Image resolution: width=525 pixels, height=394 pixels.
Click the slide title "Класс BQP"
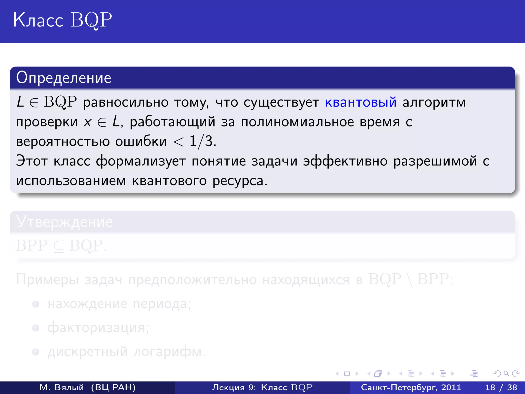point(63,20)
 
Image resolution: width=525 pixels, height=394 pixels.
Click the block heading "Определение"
point(64,78)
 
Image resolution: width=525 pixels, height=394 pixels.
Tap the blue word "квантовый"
point(361,102)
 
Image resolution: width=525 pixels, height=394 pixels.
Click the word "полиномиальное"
point(297,122)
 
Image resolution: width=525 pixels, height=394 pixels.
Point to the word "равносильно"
point(126,102)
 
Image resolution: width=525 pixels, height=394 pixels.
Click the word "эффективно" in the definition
point(345,161)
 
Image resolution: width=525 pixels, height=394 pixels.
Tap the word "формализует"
point(141,161)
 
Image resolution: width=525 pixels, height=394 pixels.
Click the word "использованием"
point(71,181)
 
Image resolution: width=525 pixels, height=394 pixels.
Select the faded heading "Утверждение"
point(64,222)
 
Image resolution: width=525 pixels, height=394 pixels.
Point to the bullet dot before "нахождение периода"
point(36,304)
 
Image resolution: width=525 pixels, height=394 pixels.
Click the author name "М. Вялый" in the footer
point(62,387)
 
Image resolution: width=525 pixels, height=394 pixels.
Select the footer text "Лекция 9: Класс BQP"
point(262,387)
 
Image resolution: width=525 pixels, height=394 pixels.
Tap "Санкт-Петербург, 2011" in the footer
point(411,387)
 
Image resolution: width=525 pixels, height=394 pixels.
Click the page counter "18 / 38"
point(501,387)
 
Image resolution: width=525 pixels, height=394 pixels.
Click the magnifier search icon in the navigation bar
point(506,373)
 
